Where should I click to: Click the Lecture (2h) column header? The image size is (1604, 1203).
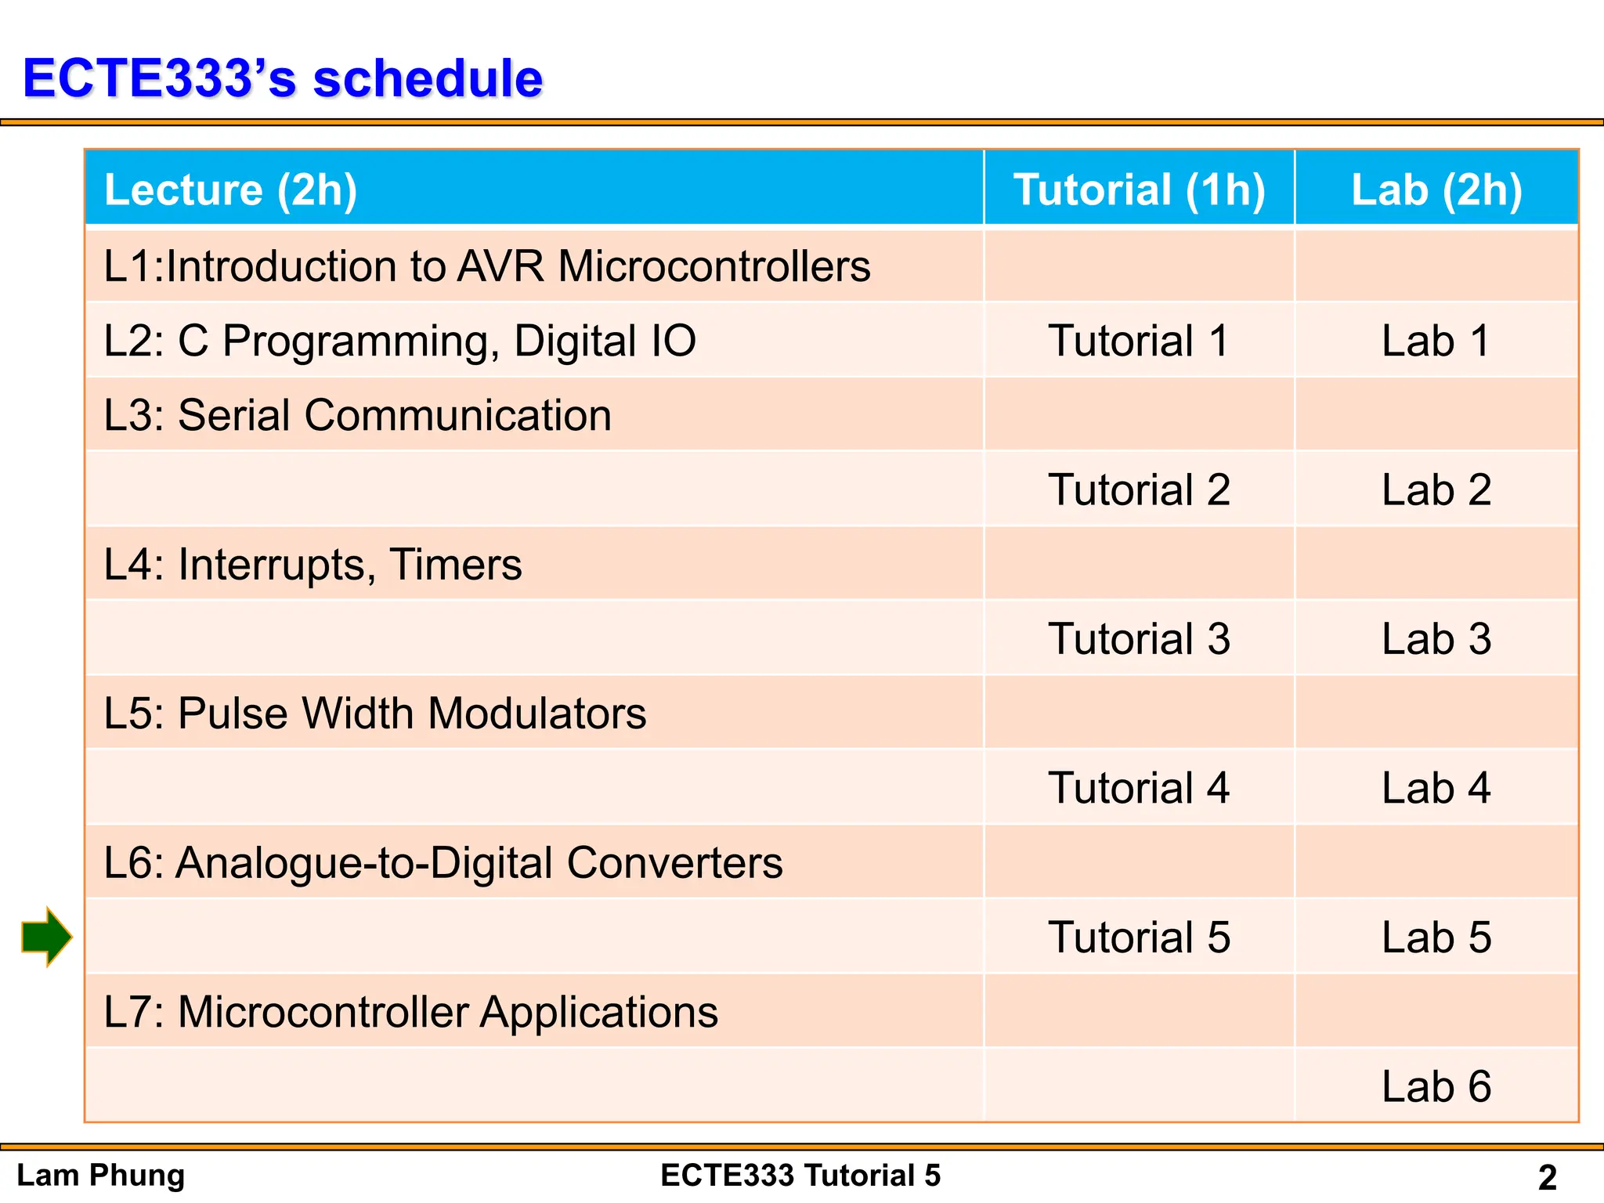tap(231, 190)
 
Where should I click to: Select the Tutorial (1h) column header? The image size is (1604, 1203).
tap(1139, 190)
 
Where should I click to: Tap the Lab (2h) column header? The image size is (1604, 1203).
tap(1436, 190)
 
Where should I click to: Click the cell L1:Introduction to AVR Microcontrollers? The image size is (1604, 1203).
tap(486, 266)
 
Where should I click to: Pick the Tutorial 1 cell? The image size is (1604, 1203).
tap(1139, 341)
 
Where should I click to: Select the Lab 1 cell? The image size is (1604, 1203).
tap(1436, 341)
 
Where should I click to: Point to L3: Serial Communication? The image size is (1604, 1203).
tap(357, 415)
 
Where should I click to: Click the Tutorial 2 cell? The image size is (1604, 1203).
tap(1139, 490)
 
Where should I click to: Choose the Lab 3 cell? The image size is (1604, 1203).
tap(1436, 639)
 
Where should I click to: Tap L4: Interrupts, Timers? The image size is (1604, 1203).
tap(312, 565)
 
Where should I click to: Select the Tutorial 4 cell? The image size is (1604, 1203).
tap(1139, 788)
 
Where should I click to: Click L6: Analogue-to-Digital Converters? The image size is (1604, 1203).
tap(443, 863)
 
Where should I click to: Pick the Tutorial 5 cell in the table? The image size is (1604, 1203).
tap(1139, 937)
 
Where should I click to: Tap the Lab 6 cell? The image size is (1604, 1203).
tap(1436, 1086)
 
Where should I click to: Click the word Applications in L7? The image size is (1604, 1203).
tap(598, 1012)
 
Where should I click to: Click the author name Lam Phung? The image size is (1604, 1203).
tap(100, 1176)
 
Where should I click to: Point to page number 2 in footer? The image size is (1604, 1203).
tap(1547, 1177)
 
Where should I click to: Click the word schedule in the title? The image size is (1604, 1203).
tap(428, 78)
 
